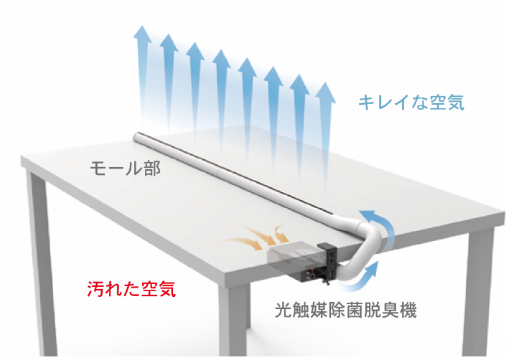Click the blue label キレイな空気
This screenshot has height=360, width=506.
[411, 103]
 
